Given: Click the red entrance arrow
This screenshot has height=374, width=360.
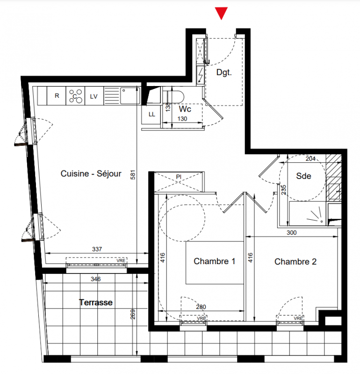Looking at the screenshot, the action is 221,13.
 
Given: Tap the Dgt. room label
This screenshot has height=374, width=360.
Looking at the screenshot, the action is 224,72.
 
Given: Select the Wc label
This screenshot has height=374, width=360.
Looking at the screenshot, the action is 185,109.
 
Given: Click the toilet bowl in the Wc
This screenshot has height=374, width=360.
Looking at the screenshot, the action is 173,97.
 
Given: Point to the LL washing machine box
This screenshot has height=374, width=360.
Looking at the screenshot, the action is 152,115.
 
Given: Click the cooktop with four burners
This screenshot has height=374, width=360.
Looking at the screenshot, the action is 75,96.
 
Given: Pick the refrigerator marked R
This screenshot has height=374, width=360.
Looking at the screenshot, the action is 57,96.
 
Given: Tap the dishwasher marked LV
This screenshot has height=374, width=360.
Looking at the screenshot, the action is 94,96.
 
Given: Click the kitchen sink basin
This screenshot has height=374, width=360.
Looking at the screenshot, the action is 130,96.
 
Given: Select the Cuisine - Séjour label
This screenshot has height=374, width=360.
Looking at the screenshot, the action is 91,173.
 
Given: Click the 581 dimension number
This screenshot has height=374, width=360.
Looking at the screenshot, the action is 133,175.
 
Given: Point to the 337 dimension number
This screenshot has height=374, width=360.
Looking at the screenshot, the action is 97,249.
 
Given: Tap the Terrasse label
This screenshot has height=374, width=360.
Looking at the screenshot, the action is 96,302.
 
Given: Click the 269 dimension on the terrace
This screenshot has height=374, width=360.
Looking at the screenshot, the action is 133,314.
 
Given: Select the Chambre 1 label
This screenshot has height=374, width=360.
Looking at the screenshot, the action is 214,261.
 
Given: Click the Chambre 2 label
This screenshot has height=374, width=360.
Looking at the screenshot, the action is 295,262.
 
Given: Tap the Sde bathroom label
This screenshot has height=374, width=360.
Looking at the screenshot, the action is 303,176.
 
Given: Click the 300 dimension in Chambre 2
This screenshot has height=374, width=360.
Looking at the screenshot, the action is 292,232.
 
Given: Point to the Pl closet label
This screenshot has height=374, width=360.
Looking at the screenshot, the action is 179,177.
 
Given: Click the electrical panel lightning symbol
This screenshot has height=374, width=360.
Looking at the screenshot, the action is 201,75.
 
